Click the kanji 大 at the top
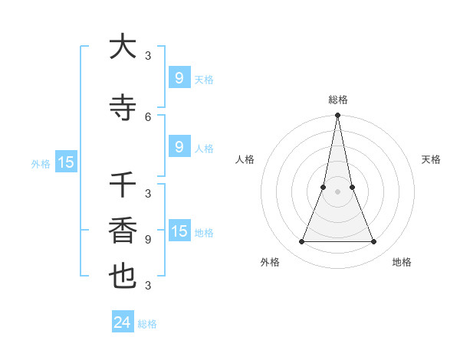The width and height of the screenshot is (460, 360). [123, 47]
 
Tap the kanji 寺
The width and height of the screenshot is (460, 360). [123, 107]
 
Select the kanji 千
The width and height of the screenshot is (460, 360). [123, 186]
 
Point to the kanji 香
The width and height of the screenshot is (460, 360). [123, 231]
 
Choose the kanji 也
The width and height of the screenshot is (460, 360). [123, 277]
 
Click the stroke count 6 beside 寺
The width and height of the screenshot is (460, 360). [148, 116]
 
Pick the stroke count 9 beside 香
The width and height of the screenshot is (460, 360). [148, 239]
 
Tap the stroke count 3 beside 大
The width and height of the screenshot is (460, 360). [148, 55]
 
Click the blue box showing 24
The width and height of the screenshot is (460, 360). [122, 322]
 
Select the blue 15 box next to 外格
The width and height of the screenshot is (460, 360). [66, 162]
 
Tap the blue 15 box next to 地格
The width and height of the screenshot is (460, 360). [179, 231]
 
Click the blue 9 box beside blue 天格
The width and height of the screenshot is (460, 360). [179, 77]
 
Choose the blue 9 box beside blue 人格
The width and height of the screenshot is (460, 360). [179, 146]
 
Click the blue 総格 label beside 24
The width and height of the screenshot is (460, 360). [147, 324]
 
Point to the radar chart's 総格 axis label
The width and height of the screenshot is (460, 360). [338, 100]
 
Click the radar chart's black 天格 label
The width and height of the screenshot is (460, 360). [431, 159]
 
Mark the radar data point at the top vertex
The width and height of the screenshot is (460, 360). [338, 116]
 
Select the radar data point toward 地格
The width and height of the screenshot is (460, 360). [374, 242]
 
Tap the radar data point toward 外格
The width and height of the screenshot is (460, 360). [301, 242]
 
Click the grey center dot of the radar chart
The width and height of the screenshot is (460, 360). [338, 191]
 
